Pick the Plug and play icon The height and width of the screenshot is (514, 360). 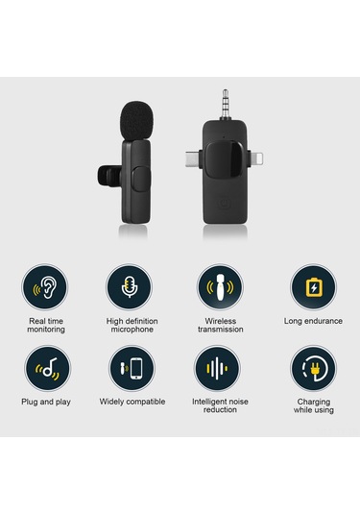pyautogui.click(x=45, y=368)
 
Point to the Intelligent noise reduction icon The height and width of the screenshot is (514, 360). pyautogui.click(x=221, y=368)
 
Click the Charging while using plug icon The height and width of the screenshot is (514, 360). pyautogui.click(x=313, y=368)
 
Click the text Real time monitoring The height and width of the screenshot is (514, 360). pyautogui.click(x=46, y=325)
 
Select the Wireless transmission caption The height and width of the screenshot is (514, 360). pyautogui.click(x=221, y=325)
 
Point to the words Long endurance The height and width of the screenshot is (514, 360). pyautogui.click(x=313, y=320)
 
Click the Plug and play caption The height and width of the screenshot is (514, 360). pyautogui.click(x=46, y=402)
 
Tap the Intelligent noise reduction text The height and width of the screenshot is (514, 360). pyautogui.click(x=221, y=405)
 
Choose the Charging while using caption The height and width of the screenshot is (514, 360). pyautogui.click(x=313, y=405)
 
